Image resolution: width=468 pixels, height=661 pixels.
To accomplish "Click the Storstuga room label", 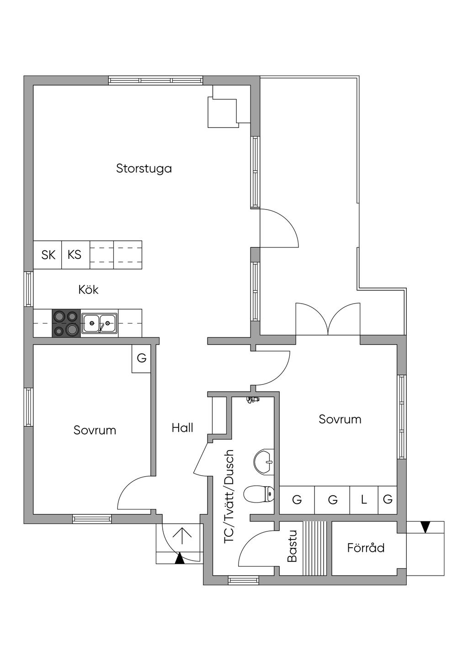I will pos(144,168).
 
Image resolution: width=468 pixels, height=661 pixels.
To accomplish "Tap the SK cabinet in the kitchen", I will pos(48,255).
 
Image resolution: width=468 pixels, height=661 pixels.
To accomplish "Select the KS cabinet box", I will pos(75,255).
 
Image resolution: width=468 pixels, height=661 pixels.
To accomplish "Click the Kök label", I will pos(88,290).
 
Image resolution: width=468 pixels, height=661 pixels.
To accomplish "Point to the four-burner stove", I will pos(66,323).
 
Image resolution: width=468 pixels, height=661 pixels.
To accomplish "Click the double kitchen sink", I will pos(99,323).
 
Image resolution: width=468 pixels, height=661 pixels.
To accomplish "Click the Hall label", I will pos(182,428).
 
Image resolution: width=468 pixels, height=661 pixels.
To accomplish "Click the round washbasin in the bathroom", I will pos(264,461).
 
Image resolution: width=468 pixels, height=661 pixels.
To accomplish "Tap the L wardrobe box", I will pos(364,500).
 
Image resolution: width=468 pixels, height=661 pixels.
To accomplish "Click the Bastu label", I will pos(292,546).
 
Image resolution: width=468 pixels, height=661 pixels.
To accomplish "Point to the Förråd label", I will pos(366,548).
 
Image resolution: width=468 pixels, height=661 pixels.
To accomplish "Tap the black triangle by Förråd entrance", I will pos(425,527).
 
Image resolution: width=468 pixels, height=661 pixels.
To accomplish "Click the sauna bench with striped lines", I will pos(316,548).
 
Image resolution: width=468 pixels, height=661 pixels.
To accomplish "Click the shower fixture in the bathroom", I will pos(252,400).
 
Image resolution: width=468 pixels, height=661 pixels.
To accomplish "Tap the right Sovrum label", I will pos(340,419).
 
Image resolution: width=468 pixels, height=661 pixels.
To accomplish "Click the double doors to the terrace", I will pos(328,320).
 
